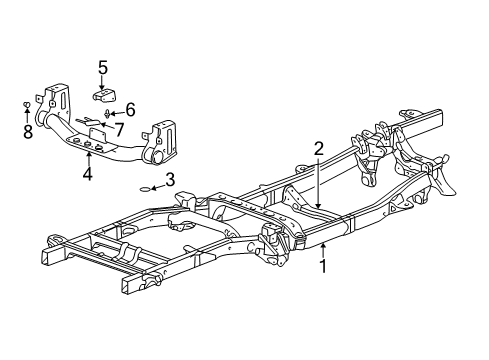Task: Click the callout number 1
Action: click(322, 267)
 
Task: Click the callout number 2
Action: click(318, 149)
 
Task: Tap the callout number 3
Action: click(170, 179)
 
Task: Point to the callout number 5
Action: click(103, 69)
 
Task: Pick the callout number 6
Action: click(130, 110)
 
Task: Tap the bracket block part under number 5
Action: click(105, 96)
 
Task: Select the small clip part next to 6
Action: click(108, 114)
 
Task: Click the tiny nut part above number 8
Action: click(25, 103)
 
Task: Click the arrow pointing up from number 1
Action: click(322, 250)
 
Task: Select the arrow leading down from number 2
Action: click(318, 180)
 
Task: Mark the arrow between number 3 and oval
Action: click(158, 183)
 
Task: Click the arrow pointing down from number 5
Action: click(103, 82)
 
